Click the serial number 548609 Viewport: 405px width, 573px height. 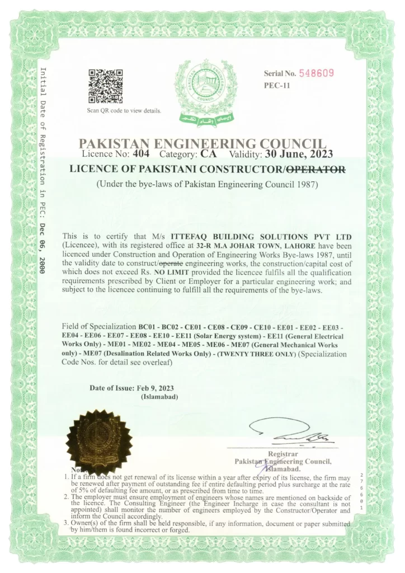[316, 73]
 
